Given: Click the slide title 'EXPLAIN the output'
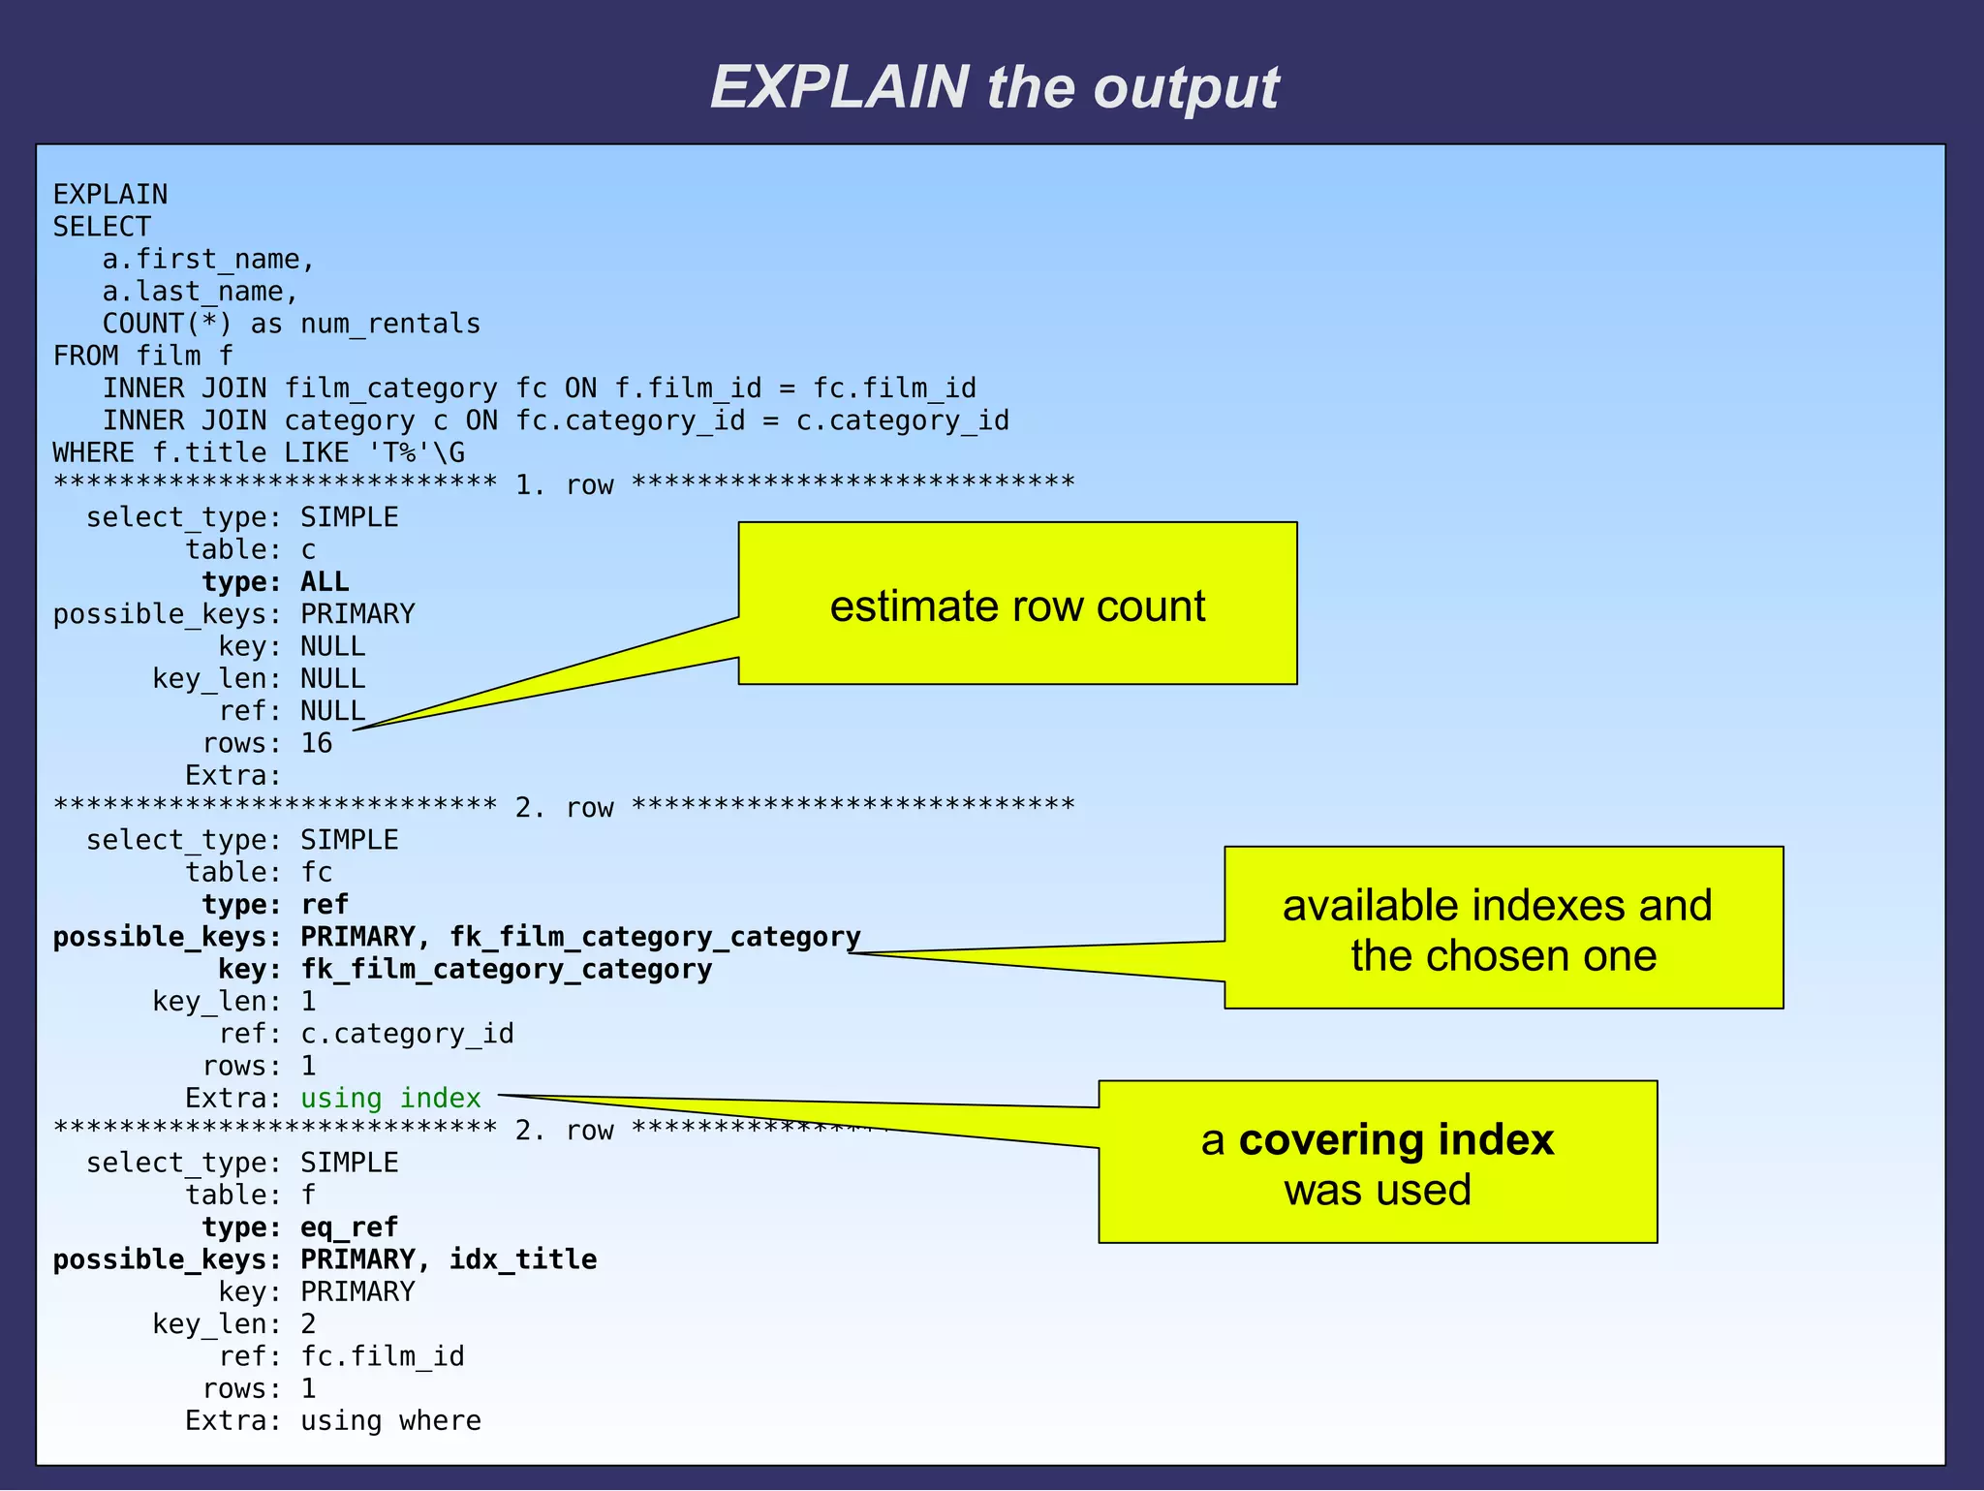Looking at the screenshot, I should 994,87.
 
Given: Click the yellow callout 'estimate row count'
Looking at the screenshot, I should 1017,606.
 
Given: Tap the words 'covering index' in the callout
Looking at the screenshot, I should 1396,1139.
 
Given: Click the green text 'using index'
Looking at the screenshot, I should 390,1098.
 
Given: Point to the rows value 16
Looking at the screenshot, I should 317,743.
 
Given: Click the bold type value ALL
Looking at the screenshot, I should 325,581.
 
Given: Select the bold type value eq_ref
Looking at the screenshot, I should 349,1227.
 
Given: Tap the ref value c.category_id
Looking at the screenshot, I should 407,1034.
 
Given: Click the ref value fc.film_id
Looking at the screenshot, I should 383,1355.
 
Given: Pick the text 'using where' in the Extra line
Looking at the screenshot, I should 390,1420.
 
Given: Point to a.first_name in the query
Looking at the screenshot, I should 208,260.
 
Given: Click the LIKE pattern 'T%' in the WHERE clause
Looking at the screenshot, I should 399,452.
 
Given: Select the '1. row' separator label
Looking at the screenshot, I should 564,484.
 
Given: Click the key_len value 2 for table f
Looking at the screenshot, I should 308,1323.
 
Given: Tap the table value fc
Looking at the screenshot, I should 317,872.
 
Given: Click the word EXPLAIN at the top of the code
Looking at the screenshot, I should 110,195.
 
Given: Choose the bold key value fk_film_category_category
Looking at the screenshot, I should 506,969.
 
